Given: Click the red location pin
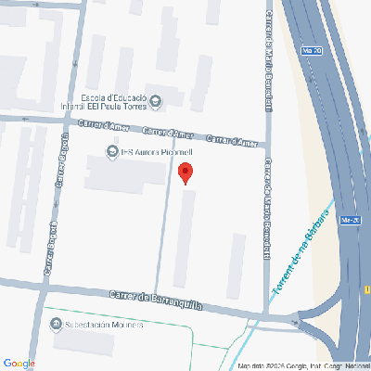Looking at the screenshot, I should tap(185, 173).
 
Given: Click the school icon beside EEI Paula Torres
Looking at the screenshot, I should tap(155, 101).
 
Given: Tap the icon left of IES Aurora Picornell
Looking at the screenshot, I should tap(110, 151).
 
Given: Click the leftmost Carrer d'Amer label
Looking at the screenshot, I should tap(102, 125).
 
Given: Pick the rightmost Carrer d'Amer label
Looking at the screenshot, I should tap(232, 140).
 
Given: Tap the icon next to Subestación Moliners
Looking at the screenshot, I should tap(55, 326).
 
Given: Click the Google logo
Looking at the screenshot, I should tap(19, 363).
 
